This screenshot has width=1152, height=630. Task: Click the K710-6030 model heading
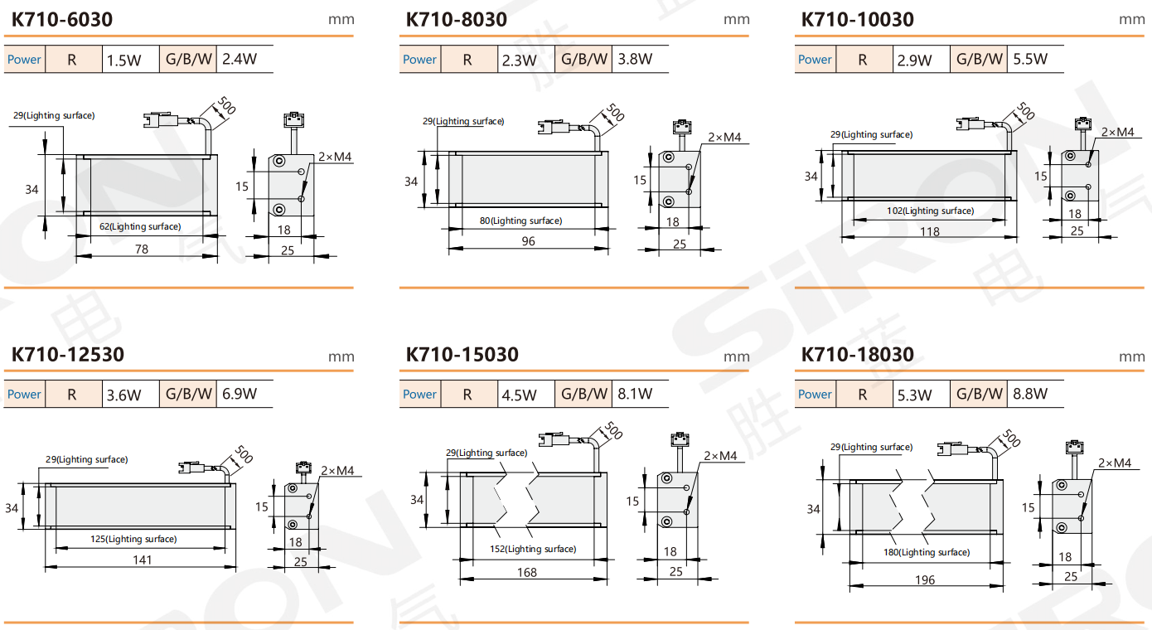[61, 20]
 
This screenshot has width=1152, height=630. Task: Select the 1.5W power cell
[123, 61]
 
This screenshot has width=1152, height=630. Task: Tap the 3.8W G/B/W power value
[635, 59]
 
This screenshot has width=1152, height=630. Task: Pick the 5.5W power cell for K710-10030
[1030, 59]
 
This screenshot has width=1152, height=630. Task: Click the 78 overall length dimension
[142, 250]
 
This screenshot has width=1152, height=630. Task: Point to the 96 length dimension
[528, 241]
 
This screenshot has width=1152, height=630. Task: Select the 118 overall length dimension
[930, 232]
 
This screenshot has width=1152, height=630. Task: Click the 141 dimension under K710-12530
[143, 560]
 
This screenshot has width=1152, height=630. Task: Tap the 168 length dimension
[526, 573]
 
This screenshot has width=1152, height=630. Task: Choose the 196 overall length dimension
[925, 580]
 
